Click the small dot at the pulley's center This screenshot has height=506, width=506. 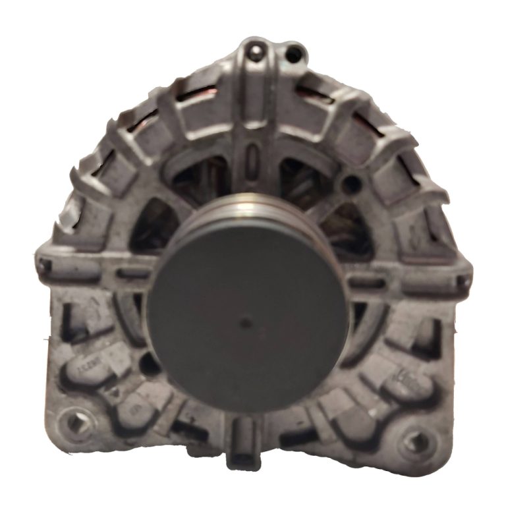click(x=245, y=322)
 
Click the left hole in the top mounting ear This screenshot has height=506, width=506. click(x=255, y=49)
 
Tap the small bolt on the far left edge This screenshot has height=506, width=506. click(x=44, y=266)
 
